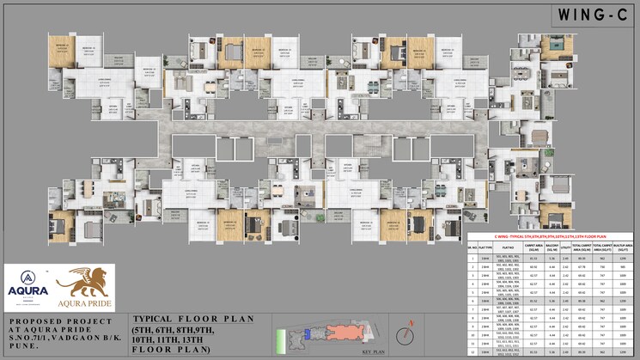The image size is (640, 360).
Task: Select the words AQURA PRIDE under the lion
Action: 85,304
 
